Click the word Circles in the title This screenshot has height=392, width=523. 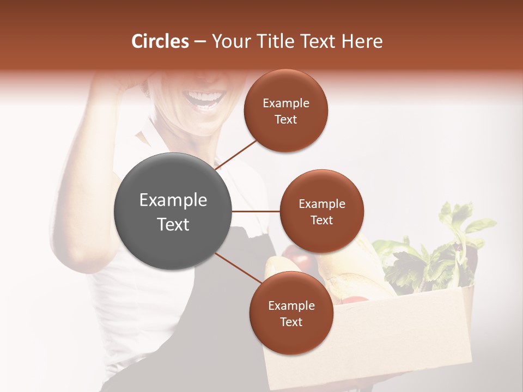tap(160, 41)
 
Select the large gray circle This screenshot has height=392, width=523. tap(173, 211)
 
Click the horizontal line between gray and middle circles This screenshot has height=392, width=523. tap(256, 211)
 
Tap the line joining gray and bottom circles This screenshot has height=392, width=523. tap(239, 268)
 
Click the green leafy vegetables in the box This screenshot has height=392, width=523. tap(436, 256)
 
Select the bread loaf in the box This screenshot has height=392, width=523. tap(349, 272)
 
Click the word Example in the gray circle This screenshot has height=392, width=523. tap(173, 200)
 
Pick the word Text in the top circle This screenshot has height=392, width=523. tap(286, 119)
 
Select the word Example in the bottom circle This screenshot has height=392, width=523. tap(291, 305)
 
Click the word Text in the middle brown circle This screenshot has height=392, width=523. tap(322, 220)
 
